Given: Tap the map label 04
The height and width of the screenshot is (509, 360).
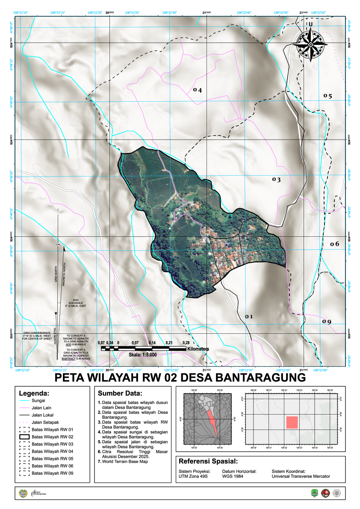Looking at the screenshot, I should click(197, 90).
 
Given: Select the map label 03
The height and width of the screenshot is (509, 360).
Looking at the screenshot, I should click(276, 180).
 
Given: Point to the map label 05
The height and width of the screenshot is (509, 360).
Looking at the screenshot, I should click(328, 96).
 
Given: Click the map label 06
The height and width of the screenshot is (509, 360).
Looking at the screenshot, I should click(334, 244).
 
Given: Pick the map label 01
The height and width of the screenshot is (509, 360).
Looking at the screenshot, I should click(249, 317).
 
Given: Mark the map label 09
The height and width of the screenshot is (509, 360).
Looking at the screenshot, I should click(327, 321).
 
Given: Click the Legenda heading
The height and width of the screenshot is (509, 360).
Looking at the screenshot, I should click(34, 393).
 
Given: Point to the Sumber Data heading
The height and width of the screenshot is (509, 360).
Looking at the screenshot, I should click(120, 393).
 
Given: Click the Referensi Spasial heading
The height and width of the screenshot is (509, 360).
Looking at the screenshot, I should click(208, 462).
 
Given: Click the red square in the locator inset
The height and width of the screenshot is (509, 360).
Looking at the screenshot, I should click(292, 422).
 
